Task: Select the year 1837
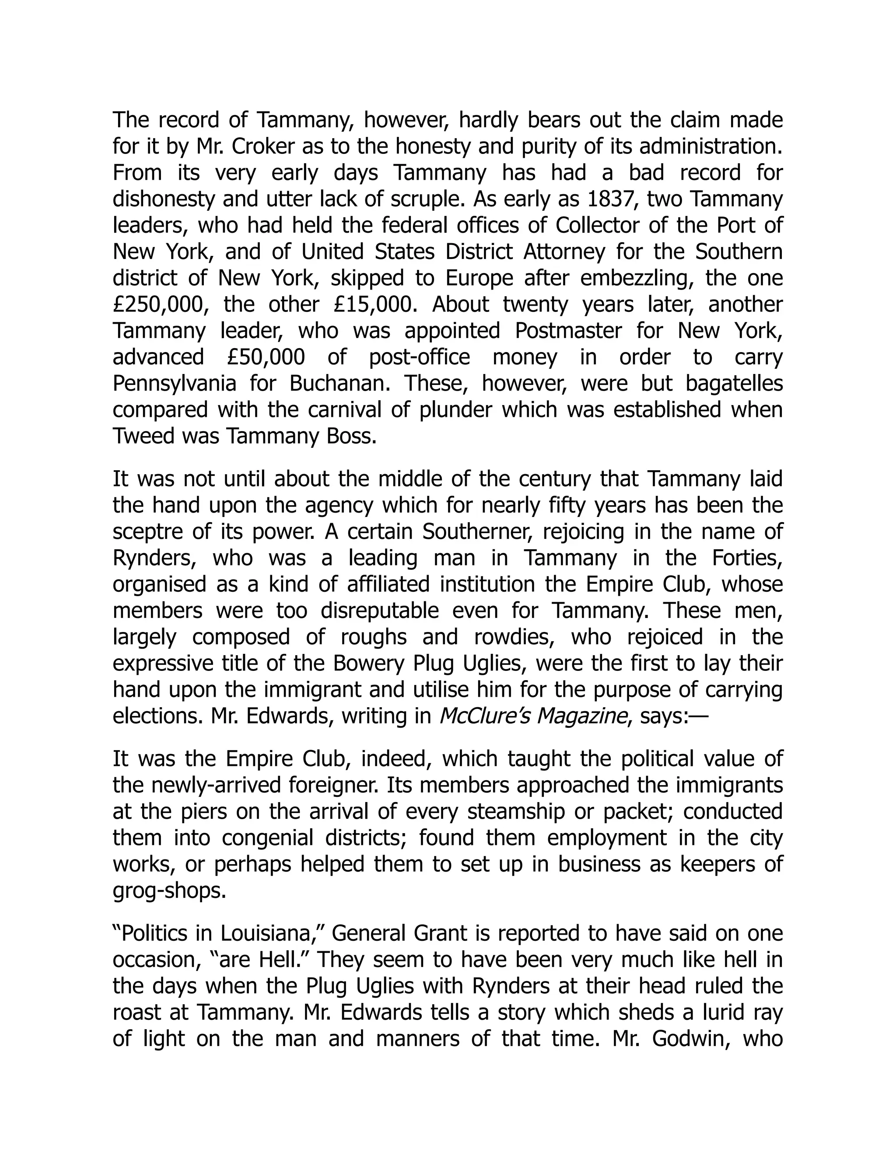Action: (612, 199)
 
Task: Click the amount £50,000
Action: (266, 357)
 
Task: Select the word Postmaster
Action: (568, 331)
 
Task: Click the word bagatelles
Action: (734, 384)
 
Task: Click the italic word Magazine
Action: (581, 716)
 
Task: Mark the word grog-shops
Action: (169, 891)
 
